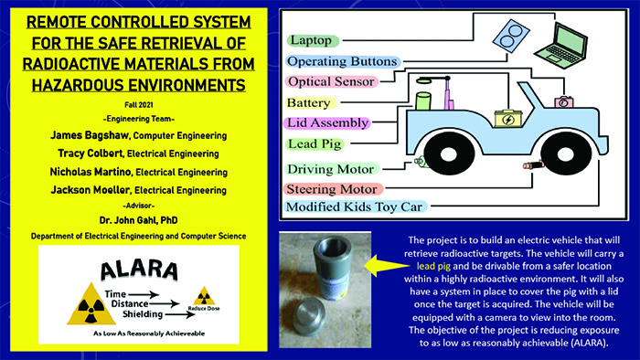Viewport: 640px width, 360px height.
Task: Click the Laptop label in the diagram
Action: coord(313,40)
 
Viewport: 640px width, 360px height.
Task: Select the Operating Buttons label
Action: coord(342,61)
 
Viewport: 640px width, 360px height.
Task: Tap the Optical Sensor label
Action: coord(331,81)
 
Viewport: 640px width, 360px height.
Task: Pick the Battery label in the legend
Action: coord(311,102)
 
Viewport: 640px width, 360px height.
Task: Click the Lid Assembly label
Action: coord(327,122)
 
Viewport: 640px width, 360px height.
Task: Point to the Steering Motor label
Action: coord(333,189)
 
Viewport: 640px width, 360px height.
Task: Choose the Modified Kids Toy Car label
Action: coord(355,206)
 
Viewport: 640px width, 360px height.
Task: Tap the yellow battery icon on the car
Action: coord(508,118)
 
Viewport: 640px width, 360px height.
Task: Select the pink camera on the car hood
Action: coord(564,101)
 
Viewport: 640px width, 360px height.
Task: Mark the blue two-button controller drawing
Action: coord(511,36)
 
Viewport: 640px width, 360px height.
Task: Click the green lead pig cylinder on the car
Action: coord(423,101)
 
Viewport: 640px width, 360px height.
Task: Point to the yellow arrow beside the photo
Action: coord(386,266)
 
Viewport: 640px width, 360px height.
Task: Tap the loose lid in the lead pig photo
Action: coord(309,316)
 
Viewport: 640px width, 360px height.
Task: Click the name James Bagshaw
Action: coord(90,135)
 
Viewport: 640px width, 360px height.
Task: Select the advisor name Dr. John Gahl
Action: coord(138,220)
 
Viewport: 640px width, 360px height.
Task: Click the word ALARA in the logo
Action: coord(139,270)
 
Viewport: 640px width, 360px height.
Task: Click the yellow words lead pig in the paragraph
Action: coord(433,267)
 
